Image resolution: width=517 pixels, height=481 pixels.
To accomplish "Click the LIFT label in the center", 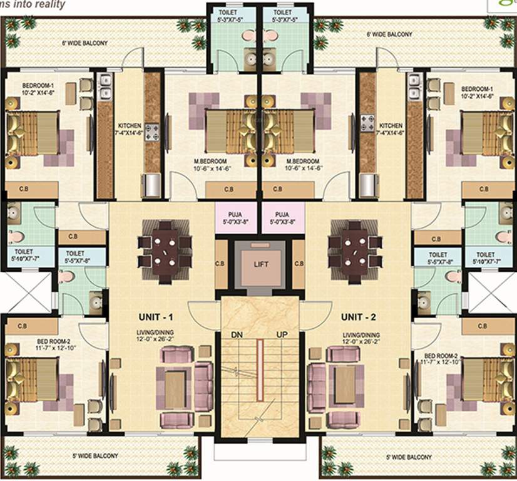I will [x=261, y=264].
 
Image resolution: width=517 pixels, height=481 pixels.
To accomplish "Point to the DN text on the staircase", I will [x=236, y=335].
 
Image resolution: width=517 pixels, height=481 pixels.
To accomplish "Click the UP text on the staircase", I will [x=282, y=335].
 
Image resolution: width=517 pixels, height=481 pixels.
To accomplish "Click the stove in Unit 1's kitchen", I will [x=151, y=131].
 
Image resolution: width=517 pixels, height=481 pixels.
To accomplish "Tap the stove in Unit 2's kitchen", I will [x=367, y=120].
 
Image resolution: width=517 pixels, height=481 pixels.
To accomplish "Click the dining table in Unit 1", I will [x=165, y=243].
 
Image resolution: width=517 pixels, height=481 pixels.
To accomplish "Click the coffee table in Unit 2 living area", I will [x=344, y=384].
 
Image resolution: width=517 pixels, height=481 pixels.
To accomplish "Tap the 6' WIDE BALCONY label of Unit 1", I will [x=84, y=43].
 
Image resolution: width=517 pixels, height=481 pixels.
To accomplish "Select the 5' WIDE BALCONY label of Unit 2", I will [x=409, y=457].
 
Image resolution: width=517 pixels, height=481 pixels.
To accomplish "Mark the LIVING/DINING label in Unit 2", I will [x=361, y=335].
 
